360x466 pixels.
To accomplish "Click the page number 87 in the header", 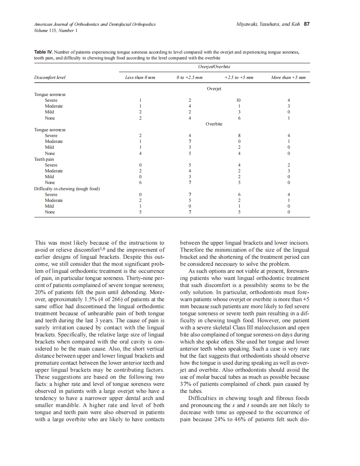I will click(x=307, y=25).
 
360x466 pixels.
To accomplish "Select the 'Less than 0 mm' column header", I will click(x=140, y=78).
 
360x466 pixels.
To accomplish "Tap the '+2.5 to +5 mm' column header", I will click(x=239, y=78).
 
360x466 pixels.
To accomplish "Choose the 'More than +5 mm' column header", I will click(x=288, y=78).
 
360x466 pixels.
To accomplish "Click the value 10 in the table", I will click(x=238, y=100).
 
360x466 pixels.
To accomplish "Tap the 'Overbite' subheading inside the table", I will click(x=214, y=124).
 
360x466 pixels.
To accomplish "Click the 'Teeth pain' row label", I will click(x=44, y=159).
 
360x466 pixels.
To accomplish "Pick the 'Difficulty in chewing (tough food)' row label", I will click(x=67, y=189).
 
